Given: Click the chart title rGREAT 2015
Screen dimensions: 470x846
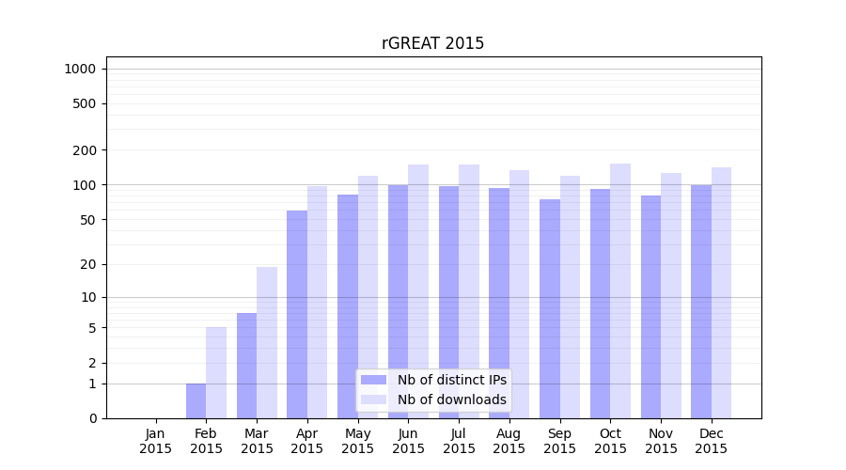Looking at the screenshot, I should (432, 43).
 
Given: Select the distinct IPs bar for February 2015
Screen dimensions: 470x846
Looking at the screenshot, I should (196, 401).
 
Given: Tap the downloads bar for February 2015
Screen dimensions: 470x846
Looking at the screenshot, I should (216, 373).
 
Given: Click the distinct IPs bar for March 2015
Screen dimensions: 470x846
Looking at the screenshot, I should (246, 366).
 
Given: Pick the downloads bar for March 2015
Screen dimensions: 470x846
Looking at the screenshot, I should (267, 343).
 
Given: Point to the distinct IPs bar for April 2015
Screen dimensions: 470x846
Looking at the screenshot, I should (297, 315).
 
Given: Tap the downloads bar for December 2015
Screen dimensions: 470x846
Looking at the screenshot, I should (721, 293).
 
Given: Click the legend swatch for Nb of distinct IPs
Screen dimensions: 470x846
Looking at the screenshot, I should (374, 380).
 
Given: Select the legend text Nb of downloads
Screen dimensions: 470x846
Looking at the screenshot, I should (452, 399).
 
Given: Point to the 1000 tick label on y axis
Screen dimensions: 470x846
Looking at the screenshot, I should (80, 69).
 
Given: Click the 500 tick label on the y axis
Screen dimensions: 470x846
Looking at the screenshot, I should (85, 103).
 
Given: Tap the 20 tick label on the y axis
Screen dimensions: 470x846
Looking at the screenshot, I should (88, 264).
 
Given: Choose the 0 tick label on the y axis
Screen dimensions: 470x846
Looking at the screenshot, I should (92, 418).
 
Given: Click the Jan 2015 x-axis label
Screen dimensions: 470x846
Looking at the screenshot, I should (156, 441).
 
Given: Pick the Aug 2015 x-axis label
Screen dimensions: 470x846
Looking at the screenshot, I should (509, 441).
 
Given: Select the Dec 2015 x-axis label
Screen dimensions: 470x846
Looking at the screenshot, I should (712, 441).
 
